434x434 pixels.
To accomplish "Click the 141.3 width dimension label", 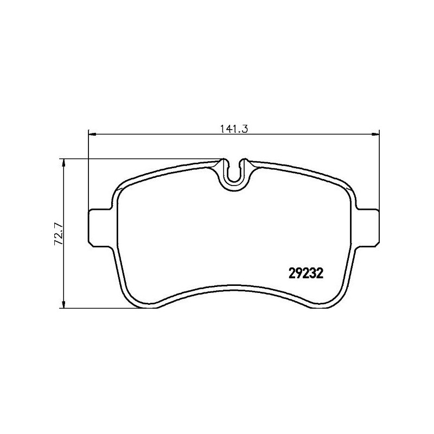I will pos(233,130).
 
